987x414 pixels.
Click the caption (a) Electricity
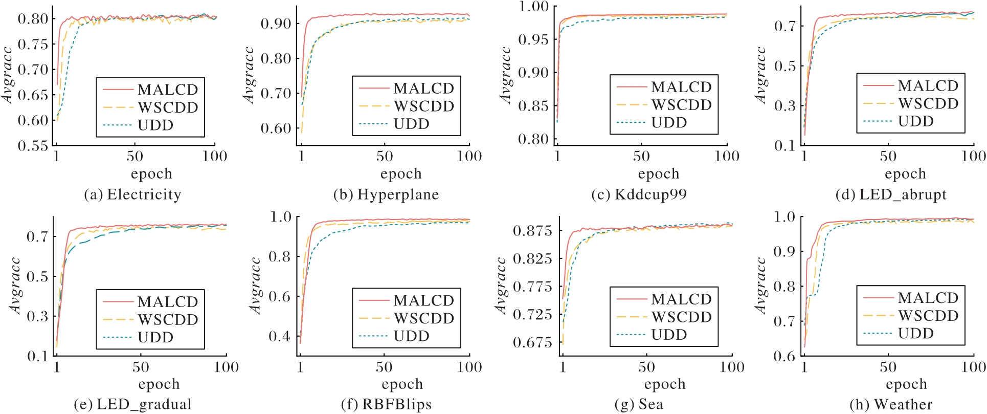click(x=132, y=194)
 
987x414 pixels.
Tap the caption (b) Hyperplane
click(x=386, y=194)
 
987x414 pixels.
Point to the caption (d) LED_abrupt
click(x=891, y=194)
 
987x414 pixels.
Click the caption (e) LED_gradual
click(x=133, y=404)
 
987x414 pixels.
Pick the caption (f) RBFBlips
click(x=386, y=404)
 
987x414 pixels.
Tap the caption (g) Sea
click(x=639, y=404)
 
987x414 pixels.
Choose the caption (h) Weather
click(x=891, y=404)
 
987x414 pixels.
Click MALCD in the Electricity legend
click(x=168, y=90)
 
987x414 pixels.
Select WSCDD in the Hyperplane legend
click(x=424, y=106)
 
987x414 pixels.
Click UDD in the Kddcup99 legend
click(x=669, y=123)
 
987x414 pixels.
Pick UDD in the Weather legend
click(x=916, y=334)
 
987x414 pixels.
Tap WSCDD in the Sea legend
click(x=682, y=317)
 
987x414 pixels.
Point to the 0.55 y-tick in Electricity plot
click(x=33, y=146)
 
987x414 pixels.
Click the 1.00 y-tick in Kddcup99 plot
click(x=534, y=7)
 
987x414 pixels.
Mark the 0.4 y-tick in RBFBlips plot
click(x=279, y=336)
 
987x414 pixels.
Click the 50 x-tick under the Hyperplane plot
click(x=385, y=156)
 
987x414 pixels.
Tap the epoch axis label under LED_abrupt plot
click(x=905, y=174)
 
